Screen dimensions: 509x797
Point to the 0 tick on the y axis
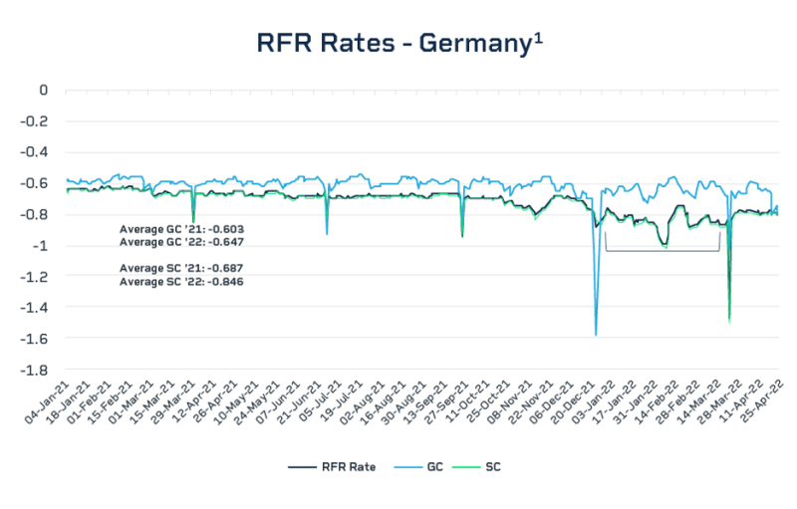pyautogui.click(x=43, y=90)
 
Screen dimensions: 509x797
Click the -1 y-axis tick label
pyautogui.click(x=42, y=246)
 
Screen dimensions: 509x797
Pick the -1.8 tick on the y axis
pyautogui.click(x=36, y=370)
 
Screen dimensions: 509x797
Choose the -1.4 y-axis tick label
pyautogui.click(x=36, y=308)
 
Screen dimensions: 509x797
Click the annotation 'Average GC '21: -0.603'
pyautogui.click(x=182, y=229)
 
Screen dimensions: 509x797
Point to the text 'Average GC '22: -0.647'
pyautogui.click(x=182, y=242)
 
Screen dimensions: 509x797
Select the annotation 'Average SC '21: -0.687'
pyautogui.click(x=182, y=268)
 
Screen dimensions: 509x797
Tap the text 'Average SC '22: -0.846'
pyautogui.click(x=182, y=281)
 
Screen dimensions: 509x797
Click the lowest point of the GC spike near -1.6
pyautogui.click(x=596, y=335)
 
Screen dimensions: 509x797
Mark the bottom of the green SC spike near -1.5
pyautogui.click(x=729, y=321)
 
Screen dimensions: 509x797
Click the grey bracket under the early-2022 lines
pyautogui.click(x=663, y=249)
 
